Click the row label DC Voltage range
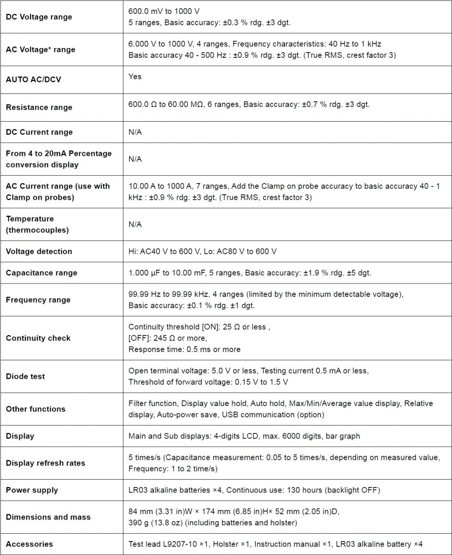39,17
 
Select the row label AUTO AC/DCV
33,80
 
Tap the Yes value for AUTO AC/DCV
135,76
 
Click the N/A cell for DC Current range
135,132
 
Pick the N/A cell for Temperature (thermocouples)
135,224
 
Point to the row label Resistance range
39,107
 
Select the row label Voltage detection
39,252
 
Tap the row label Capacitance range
41,273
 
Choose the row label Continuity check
38,338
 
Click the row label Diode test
25,376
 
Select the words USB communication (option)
273,414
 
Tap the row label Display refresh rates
45,463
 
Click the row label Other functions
36,409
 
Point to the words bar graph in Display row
344,436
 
